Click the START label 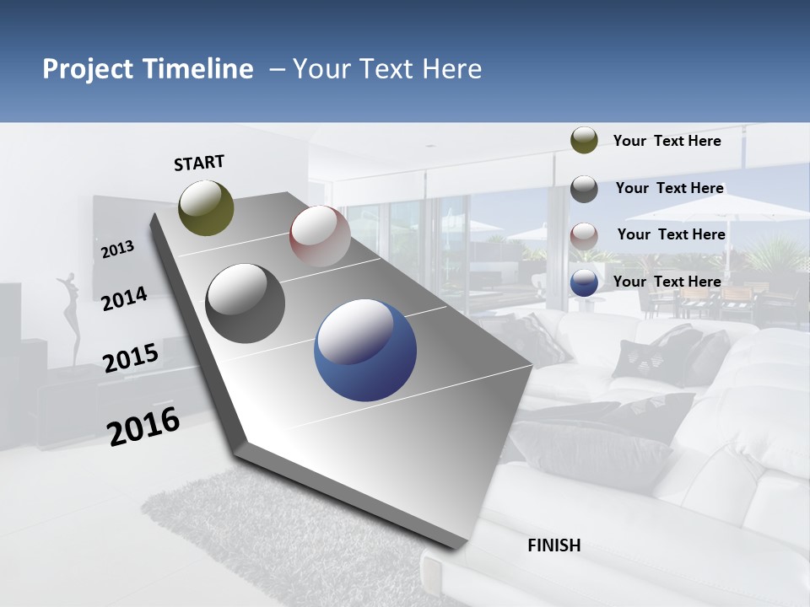pos(199,163)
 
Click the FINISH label pos(554,545)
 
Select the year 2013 pos(118,249)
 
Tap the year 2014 pos(124,298)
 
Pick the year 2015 pos(131,358)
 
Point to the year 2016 pos(143,426)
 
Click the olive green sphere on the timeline pos(207,207)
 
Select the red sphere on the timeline pos(320,236)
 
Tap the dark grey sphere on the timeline pos(246,303)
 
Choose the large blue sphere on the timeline pos(365,350)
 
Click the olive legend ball pos(584,140)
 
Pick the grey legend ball pos(584,189)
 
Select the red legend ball pos(584,236)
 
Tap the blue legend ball pos(584,282)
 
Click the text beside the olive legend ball pos(667,141)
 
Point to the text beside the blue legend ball pos(667,282)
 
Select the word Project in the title pos(87,69)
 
